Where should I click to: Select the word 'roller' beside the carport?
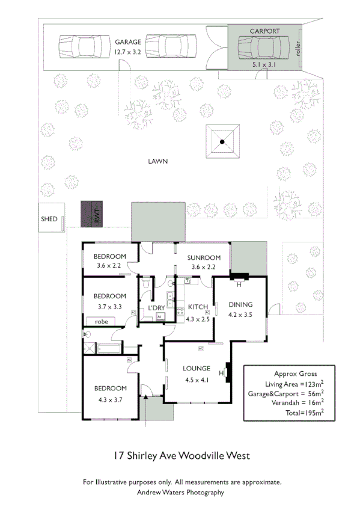[297, 48]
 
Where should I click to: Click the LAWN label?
[158, 161]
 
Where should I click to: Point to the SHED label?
[49, 219]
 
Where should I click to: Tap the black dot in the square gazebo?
[222, 142]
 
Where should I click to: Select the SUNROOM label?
[203, 257]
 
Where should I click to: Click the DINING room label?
[240, 304]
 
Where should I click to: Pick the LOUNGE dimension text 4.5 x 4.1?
[197, 379]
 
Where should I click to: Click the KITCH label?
[198, 307]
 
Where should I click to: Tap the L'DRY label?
[156, 308]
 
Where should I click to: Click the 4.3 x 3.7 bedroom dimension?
[111, 398]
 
